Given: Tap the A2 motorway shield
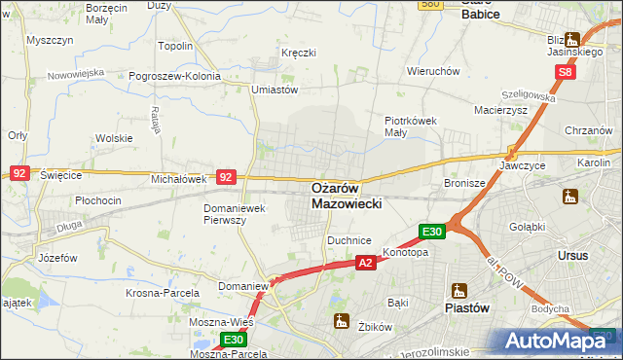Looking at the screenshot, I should click(365, 263).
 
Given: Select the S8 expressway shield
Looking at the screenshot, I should click(566, 72).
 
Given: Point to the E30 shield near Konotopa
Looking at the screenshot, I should click(433, 232).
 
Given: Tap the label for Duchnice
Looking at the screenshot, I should click(349, 239).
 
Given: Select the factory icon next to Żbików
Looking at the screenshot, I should click(341, 321).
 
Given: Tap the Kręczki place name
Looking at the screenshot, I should click(299, 53).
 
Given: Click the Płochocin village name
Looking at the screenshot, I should click(98, 200).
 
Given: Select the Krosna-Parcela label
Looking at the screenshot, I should click(163, 292).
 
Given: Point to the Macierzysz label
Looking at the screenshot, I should click(500, 111).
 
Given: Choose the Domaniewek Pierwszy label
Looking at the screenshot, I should click(238, 214).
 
